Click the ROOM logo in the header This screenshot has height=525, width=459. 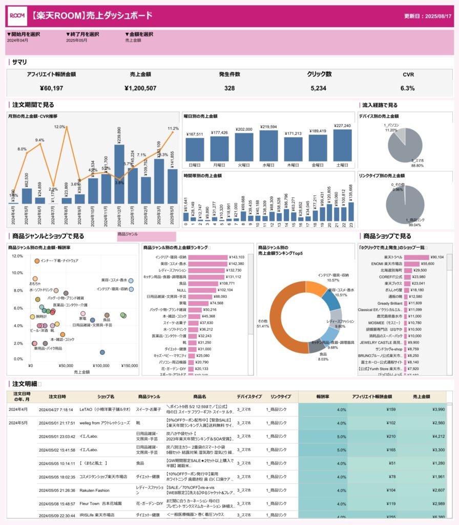tap(18, 16)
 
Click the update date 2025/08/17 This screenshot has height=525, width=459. tap(428, 16)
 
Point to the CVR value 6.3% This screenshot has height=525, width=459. tap(407, 88)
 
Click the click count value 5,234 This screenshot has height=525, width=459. tap(318, 88)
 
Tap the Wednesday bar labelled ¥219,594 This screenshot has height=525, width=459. tap(268, 146)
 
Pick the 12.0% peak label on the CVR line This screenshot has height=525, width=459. tap(60, 127)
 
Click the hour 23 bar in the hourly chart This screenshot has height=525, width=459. tap(351, 212)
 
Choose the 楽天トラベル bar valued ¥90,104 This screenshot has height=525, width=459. tap(416, 257)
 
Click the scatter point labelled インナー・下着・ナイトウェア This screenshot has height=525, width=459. tap(37, 261)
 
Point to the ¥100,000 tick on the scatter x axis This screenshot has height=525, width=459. tap(101, 366)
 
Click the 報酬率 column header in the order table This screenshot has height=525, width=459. tap(323, 396)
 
